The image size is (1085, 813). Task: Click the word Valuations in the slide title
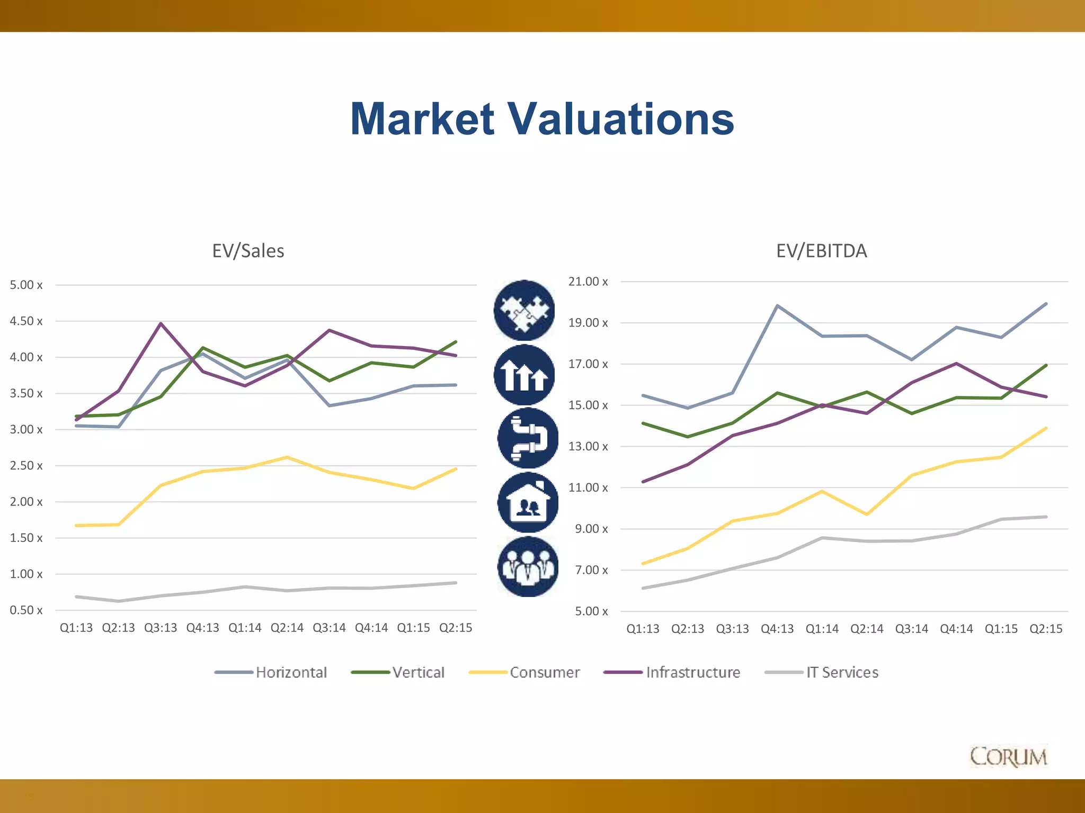621,119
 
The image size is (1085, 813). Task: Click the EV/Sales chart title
248,251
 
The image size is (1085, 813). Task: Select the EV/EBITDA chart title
821,251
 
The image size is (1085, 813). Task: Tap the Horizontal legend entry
291,672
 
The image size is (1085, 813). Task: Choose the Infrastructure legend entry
692,672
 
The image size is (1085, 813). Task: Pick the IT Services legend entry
842,672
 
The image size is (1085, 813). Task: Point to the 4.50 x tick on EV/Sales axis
26,321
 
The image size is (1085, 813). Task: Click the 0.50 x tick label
26,610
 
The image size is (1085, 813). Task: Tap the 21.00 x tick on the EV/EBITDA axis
588,282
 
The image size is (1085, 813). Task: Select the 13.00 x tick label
588,447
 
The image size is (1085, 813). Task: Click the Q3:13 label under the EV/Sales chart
161,628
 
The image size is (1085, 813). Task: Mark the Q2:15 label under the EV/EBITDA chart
1046,629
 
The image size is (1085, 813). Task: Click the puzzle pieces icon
524,310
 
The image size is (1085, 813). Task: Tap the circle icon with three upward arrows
524,375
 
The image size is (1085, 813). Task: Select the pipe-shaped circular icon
528,438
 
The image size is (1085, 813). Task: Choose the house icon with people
528,503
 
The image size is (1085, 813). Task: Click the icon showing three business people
528,566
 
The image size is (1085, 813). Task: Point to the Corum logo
1008,757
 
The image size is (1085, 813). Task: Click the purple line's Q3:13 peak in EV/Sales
161,323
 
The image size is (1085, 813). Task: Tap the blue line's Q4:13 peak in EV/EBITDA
777,306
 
